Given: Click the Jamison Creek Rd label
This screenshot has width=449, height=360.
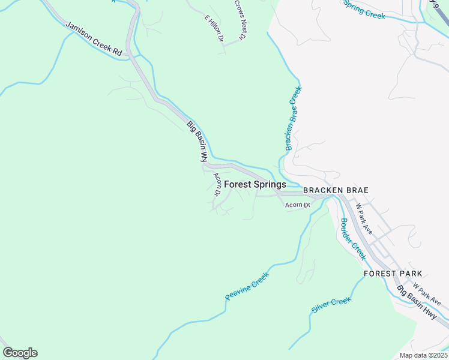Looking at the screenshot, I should [x=94, y=40].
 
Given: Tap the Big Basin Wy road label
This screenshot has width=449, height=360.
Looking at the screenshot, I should [x=197, y=142].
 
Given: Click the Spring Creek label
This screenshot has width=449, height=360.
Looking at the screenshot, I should [x=363, y=9].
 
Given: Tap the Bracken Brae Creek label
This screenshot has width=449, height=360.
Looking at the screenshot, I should [x=294, y=118].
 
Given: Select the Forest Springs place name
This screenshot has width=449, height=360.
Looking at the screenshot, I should [x=255, y=185].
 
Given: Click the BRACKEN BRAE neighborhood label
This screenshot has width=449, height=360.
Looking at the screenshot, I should [x=335, y=190].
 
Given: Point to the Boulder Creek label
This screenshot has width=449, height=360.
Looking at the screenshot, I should [x=353, y=238].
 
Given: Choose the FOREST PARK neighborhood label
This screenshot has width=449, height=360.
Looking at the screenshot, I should [x=393, y=274].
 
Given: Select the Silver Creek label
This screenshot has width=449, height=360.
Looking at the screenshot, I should [x=331, y=305].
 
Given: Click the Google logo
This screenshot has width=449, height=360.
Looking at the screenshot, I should [x=20, y=353].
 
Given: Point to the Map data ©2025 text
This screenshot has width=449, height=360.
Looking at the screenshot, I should [x=423, y=355].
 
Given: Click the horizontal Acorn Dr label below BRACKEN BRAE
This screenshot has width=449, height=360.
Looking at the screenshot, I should [x=297, y=205].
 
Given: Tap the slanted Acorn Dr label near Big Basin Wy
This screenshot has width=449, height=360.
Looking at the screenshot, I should [x=217, y=185].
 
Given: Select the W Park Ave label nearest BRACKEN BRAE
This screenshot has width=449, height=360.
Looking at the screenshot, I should [x=364, y=218].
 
